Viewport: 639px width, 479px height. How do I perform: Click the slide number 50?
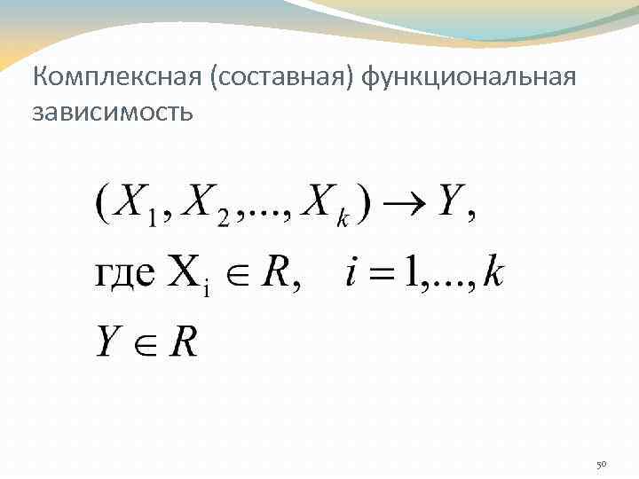[x=600, y=464]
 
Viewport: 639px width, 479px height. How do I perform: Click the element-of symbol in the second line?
[x=237, y=274]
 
